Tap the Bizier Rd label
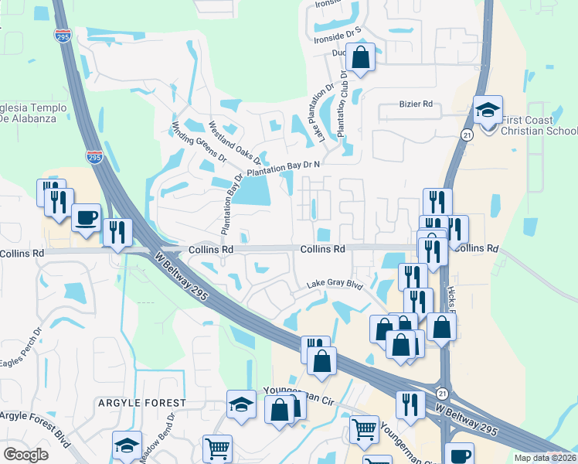[x=415, y=103]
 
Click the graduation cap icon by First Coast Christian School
[x=488, y=111]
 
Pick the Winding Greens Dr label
[x=199, y=142]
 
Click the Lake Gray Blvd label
[x=335, y=285]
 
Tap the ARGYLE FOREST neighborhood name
[x=142, y=403]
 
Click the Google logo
[x=26, y=455]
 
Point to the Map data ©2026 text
[x=546, y=458]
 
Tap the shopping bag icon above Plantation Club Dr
[x=360, y=56]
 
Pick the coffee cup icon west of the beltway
[x=87, y=217]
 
